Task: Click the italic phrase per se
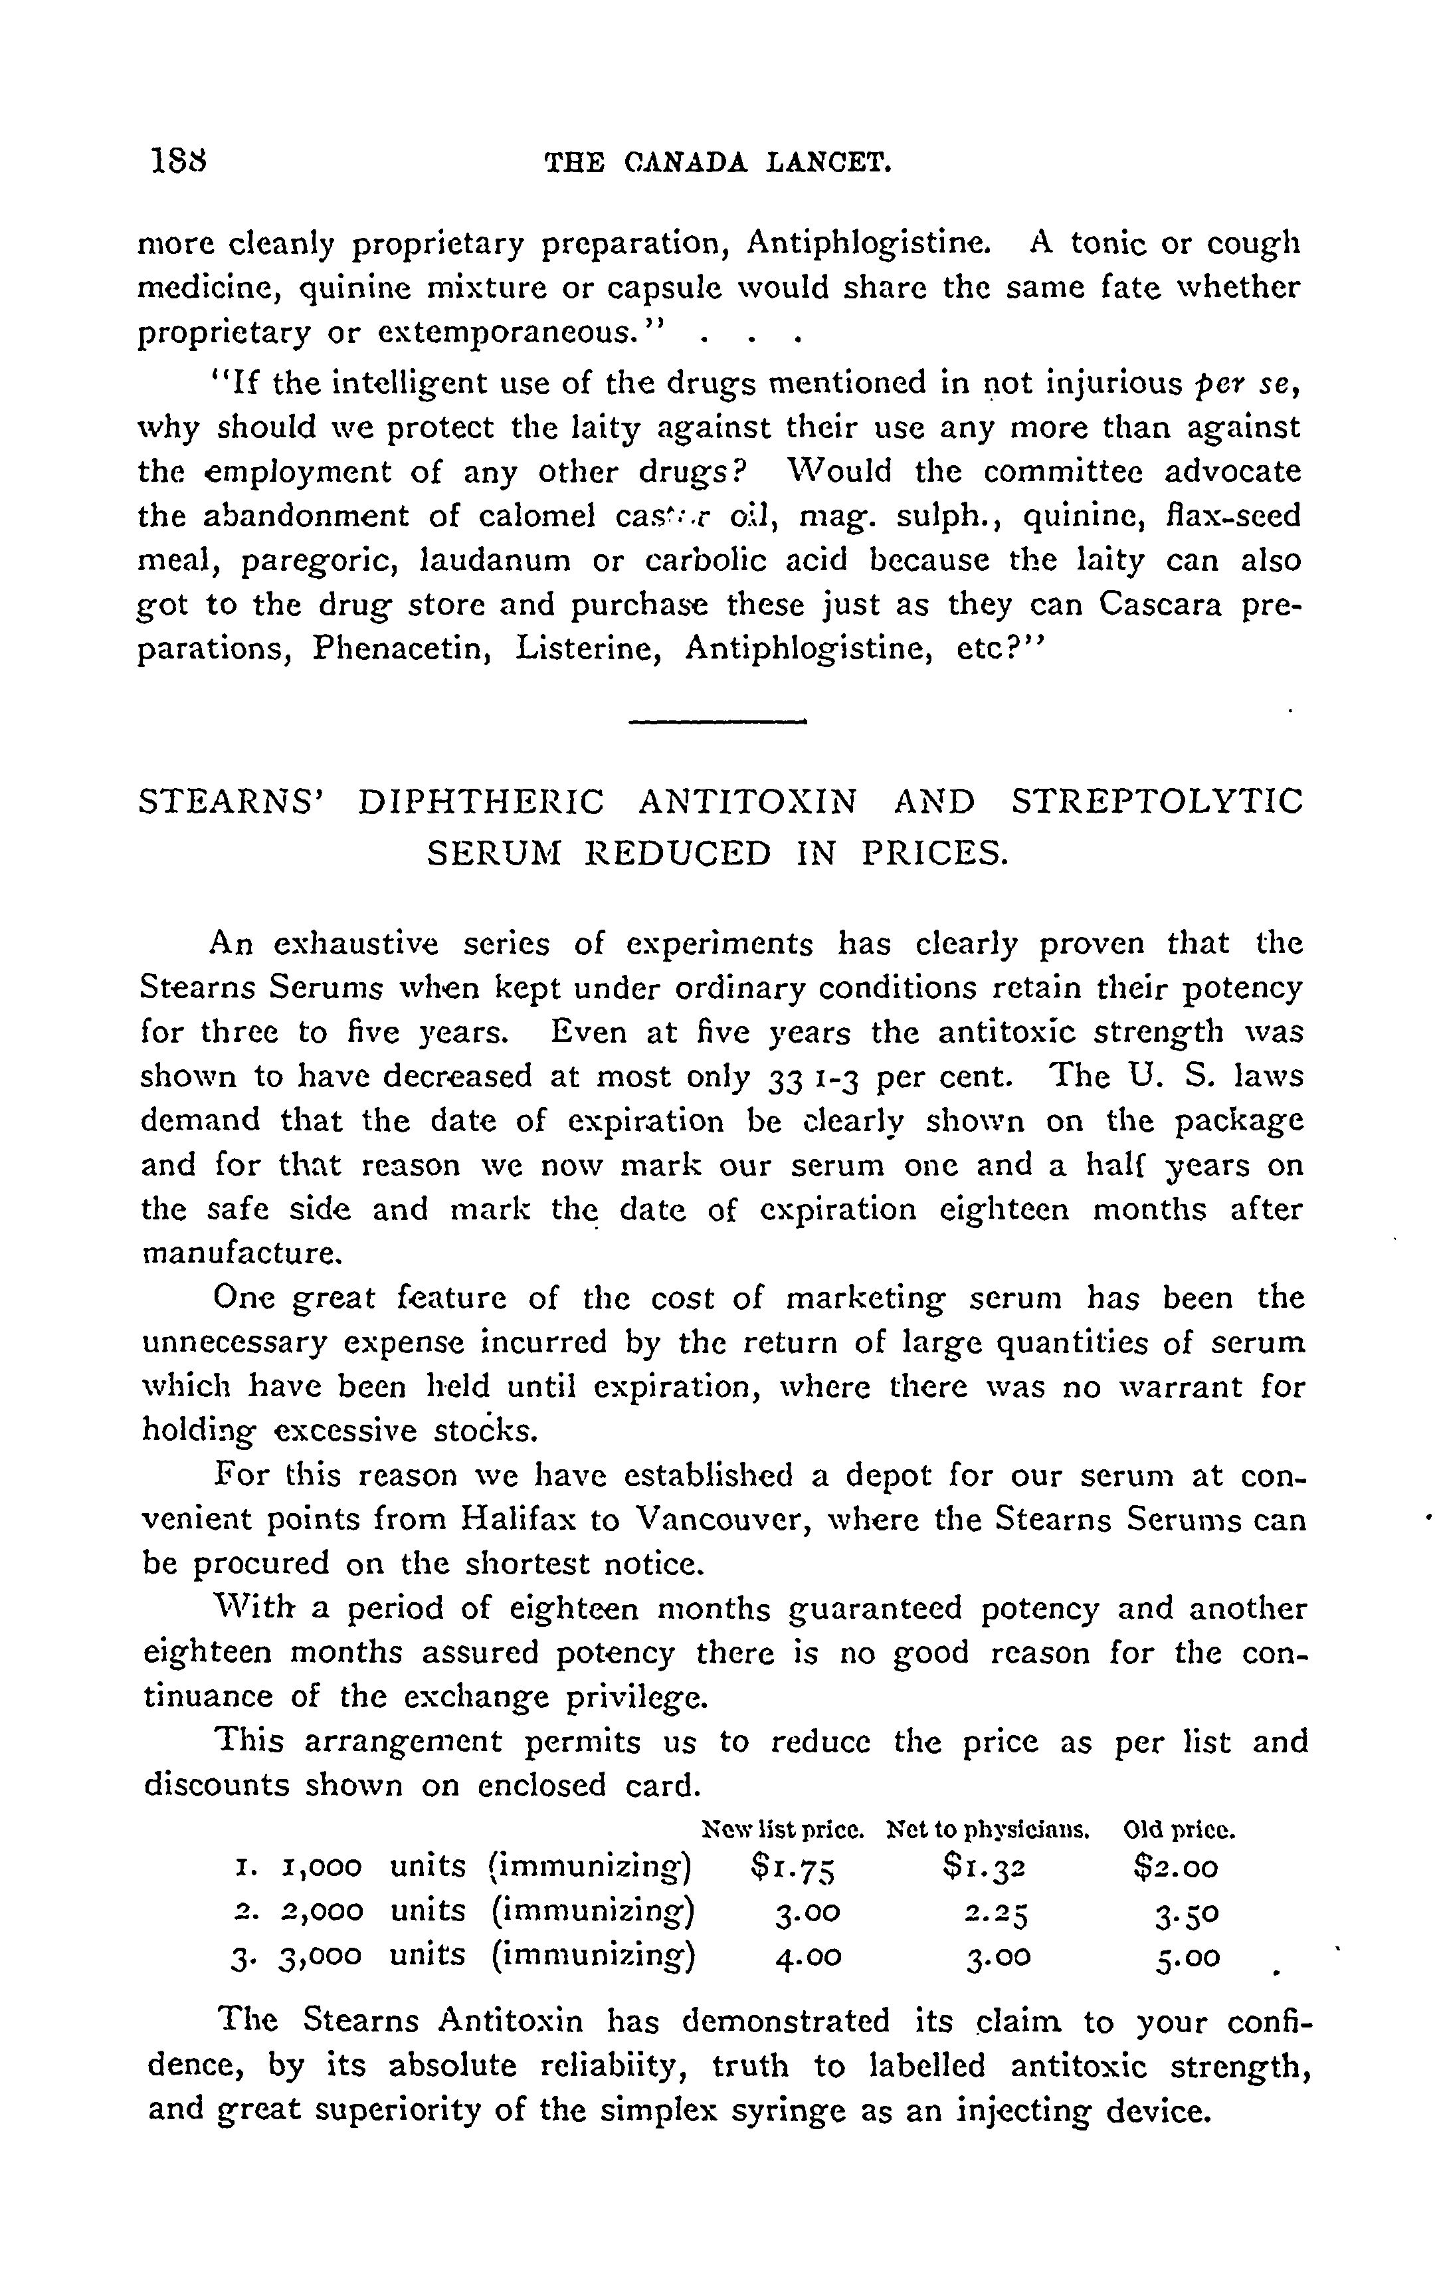click(x=1244, y=383)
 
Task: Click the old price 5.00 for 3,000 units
click(x=1187, y=1956)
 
